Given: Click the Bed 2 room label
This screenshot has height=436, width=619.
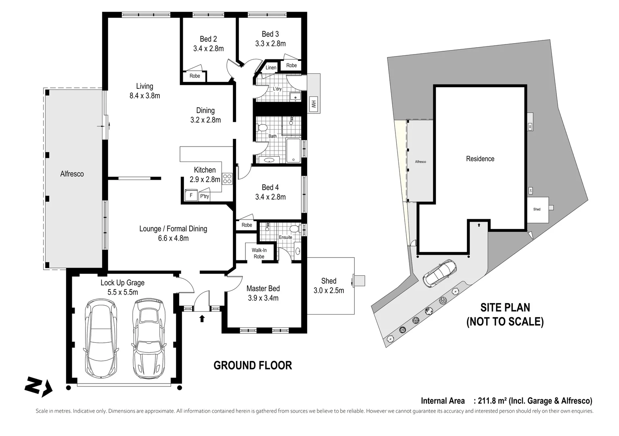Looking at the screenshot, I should (x=208, y=39).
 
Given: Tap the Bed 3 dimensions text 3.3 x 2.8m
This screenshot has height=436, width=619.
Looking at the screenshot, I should (x=270, y=44).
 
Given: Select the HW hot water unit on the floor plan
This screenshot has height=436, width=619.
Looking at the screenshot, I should (x=313, y=105).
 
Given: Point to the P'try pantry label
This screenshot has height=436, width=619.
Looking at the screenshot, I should (x=205, y=196).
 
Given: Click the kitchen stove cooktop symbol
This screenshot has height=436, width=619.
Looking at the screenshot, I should (x=227, y=178).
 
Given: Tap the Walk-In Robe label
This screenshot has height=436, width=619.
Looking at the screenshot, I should (x=259, y=253).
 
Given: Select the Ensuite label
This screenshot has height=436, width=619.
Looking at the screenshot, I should (x=285, y=237).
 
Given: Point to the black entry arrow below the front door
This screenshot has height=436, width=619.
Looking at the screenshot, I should (x=202, y=319).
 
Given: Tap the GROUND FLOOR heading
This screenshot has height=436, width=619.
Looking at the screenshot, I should (x=253, y=365).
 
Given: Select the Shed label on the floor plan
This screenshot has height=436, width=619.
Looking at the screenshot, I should (x=328, y=281).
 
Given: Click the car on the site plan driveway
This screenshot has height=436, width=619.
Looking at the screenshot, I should (x=440, y=273).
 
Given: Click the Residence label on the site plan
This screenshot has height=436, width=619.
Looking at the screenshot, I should (x=480, y=159).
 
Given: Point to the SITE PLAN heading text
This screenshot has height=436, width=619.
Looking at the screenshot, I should (x=505, y=308).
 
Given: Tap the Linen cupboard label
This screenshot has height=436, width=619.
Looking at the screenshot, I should (x=271, y=67).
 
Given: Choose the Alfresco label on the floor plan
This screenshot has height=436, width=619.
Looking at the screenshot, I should (x=72, y=174).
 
